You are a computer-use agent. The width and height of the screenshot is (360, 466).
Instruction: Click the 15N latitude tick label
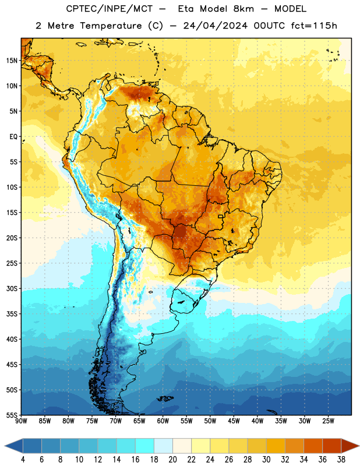pos(12,61)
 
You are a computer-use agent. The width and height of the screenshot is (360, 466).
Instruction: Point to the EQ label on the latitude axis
pos(13,137)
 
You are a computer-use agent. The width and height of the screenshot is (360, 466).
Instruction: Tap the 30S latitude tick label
pos(12,288)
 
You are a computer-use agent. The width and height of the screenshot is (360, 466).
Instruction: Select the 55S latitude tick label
pos(12,415)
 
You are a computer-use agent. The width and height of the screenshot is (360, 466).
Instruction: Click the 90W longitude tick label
pos(21,421)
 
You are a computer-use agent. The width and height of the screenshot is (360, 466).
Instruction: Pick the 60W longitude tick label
pos(163,421)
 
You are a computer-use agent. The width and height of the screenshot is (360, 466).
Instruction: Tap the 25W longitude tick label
pos(328,421)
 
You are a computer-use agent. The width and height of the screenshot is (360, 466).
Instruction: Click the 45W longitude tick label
pos(234,421)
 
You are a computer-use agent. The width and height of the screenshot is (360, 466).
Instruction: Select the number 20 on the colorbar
pos(172,460)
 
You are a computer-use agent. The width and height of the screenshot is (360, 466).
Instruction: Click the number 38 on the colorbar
pos(341,460)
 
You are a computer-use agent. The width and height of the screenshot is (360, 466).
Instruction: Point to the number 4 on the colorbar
pos(23,460)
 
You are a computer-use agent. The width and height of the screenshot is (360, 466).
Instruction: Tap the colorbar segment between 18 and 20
pos(164,446)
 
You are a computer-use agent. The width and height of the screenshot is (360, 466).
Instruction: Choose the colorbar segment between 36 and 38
pos(332,446)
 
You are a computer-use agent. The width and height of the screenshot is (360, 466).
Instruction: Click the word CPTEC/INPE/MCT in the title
pos(109,9)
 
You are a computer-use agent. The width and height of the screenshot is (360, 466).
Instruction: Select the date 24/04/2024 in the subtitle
pos(215,26)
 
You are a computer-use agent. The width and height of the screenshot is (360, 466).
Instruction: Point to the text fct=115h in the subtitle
pos(314,26)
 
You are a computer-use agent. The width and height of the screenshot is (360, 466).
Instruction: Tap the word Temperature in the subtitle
pos(111,26)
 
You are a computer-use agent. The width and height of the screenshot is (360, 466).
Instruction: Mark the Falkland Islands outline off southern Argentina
pos(165,398)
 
